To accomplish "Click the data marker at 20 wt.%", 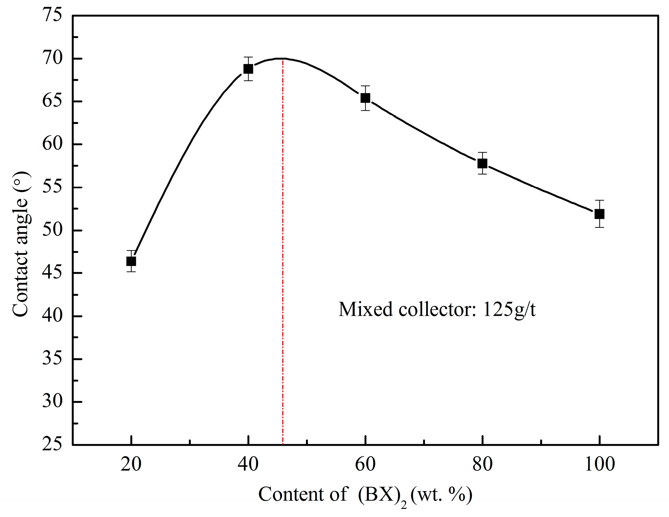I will (131, 261).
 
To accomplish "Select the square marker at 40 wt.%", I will (248, 69).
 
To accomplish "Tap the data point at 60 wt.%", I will (365, 98).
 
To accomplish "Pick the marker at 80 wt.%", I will (482, 163).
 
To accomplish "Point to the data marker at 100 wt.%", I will (599, 214).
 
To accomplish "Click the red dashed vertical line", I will (283, 252).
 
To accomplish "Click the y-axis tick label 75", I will (52, 15).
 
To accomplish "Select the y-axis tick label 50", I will (52, 230).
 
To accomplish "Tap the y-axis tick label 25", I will (52, 444).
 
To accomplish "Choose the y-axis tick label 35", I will (52, 359).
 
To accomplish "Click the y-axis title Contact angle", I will (21, 244).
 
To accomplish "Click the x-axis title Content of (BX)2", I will (365, 495).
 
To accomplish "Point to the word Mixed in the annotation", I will (366, 309).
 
